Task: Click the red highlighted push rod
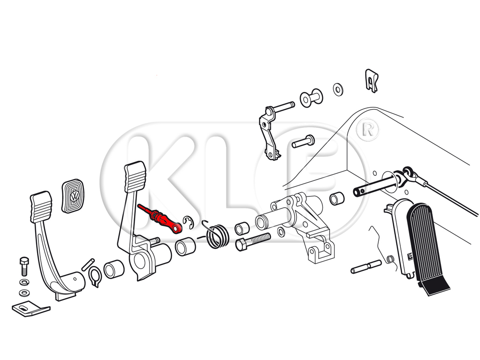(x=160, y=218)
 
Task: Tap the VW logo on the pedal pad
(x=75, y=196)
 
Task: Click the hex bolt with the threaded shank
(x=253, y=241)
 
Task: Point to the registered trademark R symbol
(x=368, y=130)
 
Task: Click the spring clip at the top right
(x=372, y=80)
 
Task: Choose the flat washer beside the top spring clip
(x=338, y=90)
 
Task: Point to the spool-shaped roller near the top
(x=311, y=98)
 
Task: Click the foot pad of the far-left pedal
(x=41, y=206)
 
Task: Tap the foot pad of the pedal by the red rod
(x=135, y=177)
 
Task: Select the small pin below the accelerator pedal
(x=366, y=267)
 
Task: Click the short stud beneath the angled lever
(x=303, y=142)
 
